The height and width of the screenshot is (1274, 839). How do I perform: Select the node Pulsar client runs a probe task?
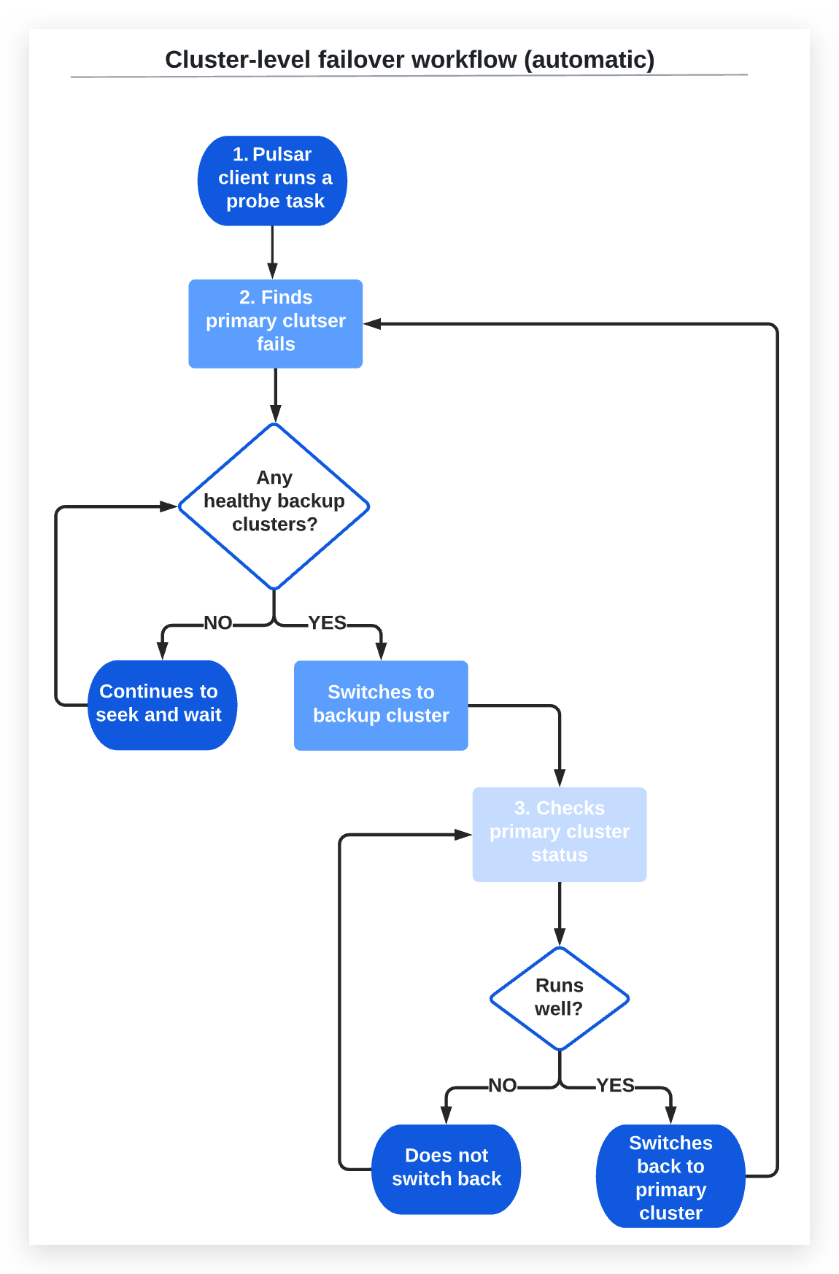click(x=272, y=180)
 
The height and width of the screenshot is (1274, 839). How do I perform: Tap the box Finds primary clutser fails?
click(x=275, y=323)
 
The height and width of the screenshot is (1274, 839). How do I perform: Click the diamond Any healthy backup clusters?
click(x=274, y=506)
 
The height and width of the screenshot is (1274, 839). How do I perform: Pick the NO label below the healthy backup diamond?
click(x=217, y=623)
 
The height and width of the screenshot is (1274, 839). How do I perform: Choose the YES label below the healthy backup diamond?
click(x=327, y=623)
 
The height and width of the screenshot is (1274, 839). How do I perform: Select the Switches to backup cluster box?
click(x=381, y=705)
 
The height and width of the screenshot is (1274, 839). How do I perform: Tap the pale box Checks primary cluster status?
click(x=559, y=834)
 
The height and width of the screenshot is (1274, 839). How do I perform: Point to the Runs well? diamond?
click(x=559, y=997)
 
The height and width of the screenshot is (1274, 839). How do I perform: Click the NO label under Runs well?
click(x=503, y=1086)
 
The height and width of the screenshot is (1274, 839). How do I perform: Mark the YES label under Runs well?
click(x=615, y=1086)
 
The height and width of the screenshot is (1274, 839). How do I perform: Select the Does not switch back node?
click(x=446, y=1168)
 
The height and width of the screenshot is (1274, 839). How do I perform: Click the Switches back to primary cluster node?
click(x=670, y=1176)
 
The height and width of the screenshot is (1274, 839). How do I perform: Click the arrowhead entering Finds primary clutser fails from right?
click(x=372, y=324)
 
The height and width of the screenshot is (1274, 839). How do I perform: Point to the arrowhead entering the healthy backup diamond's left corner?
click(x=169, y=506)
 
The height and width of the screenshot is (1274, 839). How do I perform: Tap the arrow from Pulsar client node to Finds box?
click(x=272, y=252)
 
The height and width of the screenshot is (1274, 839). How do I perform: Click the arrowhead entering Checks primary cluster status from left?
click(x=463, y=835)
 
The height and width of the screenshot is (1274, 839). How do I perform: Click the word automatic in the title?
click(x=589, y=60)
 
